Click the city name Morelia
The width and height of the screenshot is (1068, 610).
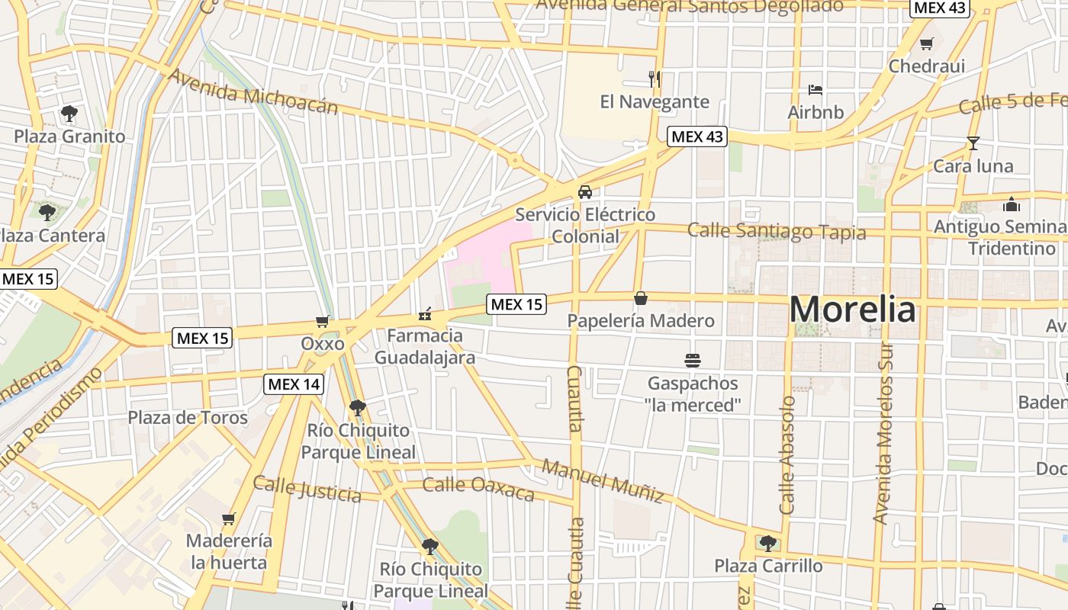click(852, 310)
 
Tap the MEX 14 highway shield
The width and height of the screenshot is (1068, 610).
click(294, 384)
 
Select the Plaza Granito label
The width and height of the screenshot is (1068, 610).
click(69, 136)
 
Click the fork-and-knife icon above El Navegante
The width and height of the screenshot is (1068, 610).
click(654, 78)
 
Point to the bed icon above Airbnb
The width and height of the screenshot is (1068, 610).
click(815, 89)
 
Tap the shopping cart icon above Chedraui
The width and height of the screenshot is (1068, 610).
click(927, 43)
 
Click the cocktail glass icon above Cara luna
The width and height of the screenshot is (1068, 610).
click(973, 143)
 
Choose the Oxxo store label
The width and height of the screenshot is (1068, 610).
click(323, 344)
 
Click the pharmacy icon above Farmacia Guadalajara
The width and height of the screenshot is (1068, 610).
click(425, 313)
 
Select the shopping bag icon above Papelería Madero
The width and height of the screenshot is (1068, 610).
click(641, 297)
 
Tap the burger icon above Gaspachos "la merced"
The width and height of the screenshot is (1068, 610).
click(693, 360)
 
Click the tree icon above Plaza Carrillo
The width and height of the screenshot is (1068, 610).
click(767, 543)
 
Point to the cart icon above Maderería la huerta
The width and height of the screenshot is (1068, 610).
click(228, 519)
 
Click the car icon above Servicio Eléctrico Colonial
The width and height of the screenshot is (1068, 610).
click(585, 191)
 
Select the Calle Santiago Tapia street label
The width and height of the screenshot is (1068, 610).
click(777, 231)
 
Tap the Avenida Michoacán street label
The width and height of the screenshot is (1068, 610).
click(253, 91)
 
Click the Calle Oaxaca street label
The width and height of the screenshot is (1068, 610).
click(478, 489)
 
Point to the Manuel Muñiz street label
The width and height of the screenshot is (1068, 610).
click(603, 480)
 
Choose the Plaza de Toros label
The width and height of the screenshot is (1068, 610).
click(188, 417)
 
